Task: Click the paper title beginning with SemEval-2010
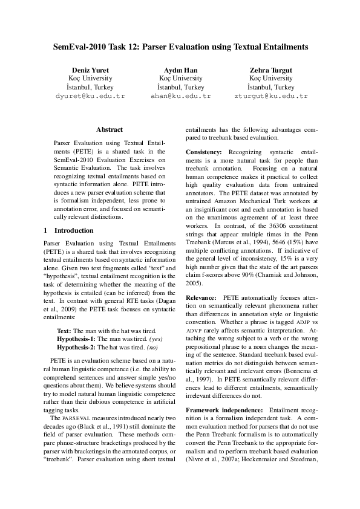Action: (x=180, y=46)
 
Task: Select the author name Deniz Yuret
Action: (x=90, y=70)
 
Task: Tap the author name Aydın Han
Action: (x=180, y=70)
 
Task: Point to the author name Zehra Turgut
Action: (x=270, y=70)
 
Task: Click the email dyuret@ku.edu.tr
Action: (x=90, y=96)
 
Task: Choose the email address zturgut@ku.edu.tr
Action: (x=270, y=96)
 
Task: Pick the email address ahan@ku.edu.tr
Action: (x=180, y=96)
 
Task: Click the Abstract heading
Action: (x=110, y=129)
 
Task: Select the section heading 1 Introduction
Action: (x=69, y=230)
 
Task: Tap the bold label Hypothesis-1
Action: (x=77, y=340)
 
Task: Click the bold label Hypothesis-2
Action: (x=77, y=348)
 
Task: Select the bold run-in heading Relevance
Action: (x=201, y=298)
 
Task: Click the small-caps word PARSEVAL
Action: (x=75, y=418)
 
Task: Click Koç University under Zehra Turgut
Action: (x=270, y=79)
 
